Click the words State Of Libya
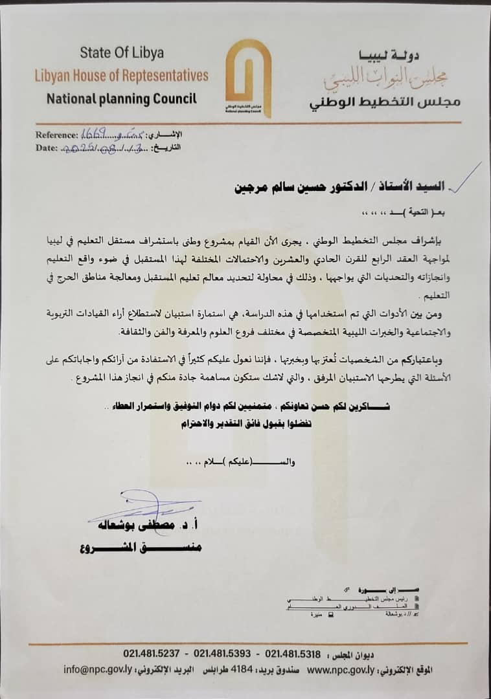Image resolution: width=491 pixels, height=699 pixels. pyautogui.click(x=122, y=52)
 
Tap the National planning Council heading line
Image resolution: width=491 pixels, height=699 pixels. pyautogui.click(x=121, y=99)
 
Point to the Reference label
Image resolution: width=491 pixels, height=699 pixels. pyautogui.click(x=56, y=135)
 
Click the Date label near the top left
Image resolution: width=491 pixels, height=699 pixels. pyautogui.click(x=47, y=148)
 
